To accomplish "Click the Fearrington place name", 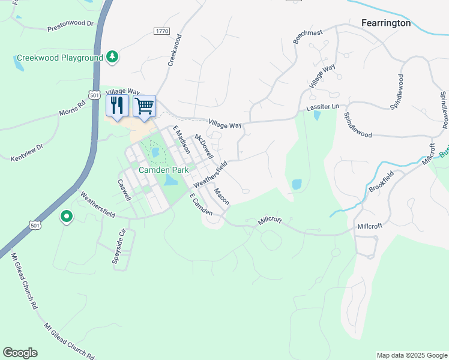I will coord(386,23).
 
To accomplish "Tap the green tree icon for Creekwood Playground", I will coord(112,56).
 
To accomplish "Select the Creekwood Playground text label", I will coord(59,58).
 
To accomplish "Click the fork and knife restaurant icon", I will coord(117,106).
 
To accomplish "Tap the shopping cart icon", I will coord(144,106).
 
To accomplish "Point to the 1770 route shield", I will coord(161,31).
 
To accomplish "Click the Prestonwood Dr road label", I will coord(71,25).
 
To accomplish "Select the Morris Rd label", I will coord(73,107).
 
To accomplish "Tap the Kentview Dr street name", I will coord(28,152).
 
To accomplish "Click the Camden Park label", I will coord(164,170).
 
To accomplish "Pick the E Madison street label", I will coord(181,140).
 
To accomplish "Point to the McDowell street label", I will coord(204,146).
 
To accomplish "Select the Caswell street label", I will coord(124,190).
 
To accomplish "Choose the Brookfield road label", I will coord(382,182).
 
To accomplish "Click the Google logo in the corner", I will coord(20,352).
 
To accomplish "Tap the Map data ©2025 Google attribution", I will coord(411,355).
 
